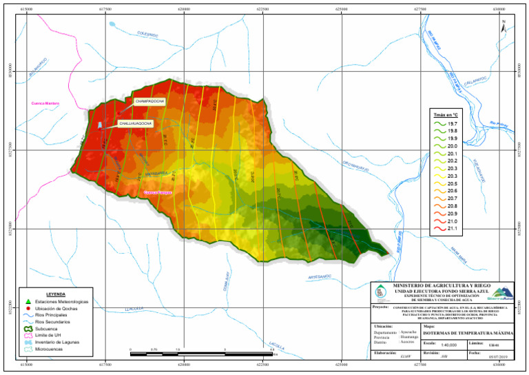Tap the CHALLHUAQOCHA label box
(x=135, y=123)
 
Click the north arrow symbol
(x=504, y=26)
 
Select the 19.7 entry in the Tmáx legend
(x=452, y=123)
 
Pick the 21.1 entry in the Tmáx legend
(x=452, y=229)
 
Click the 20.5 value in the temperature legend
(x=452, y=183)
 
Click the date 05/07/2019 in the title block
(x=497, y=356)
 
